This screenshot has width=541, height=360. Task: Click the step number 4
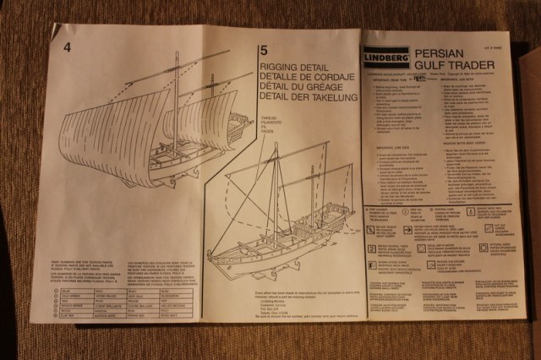[x=68, y=46]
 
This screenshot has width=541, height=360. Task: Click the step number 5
[x=265, y=51]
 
